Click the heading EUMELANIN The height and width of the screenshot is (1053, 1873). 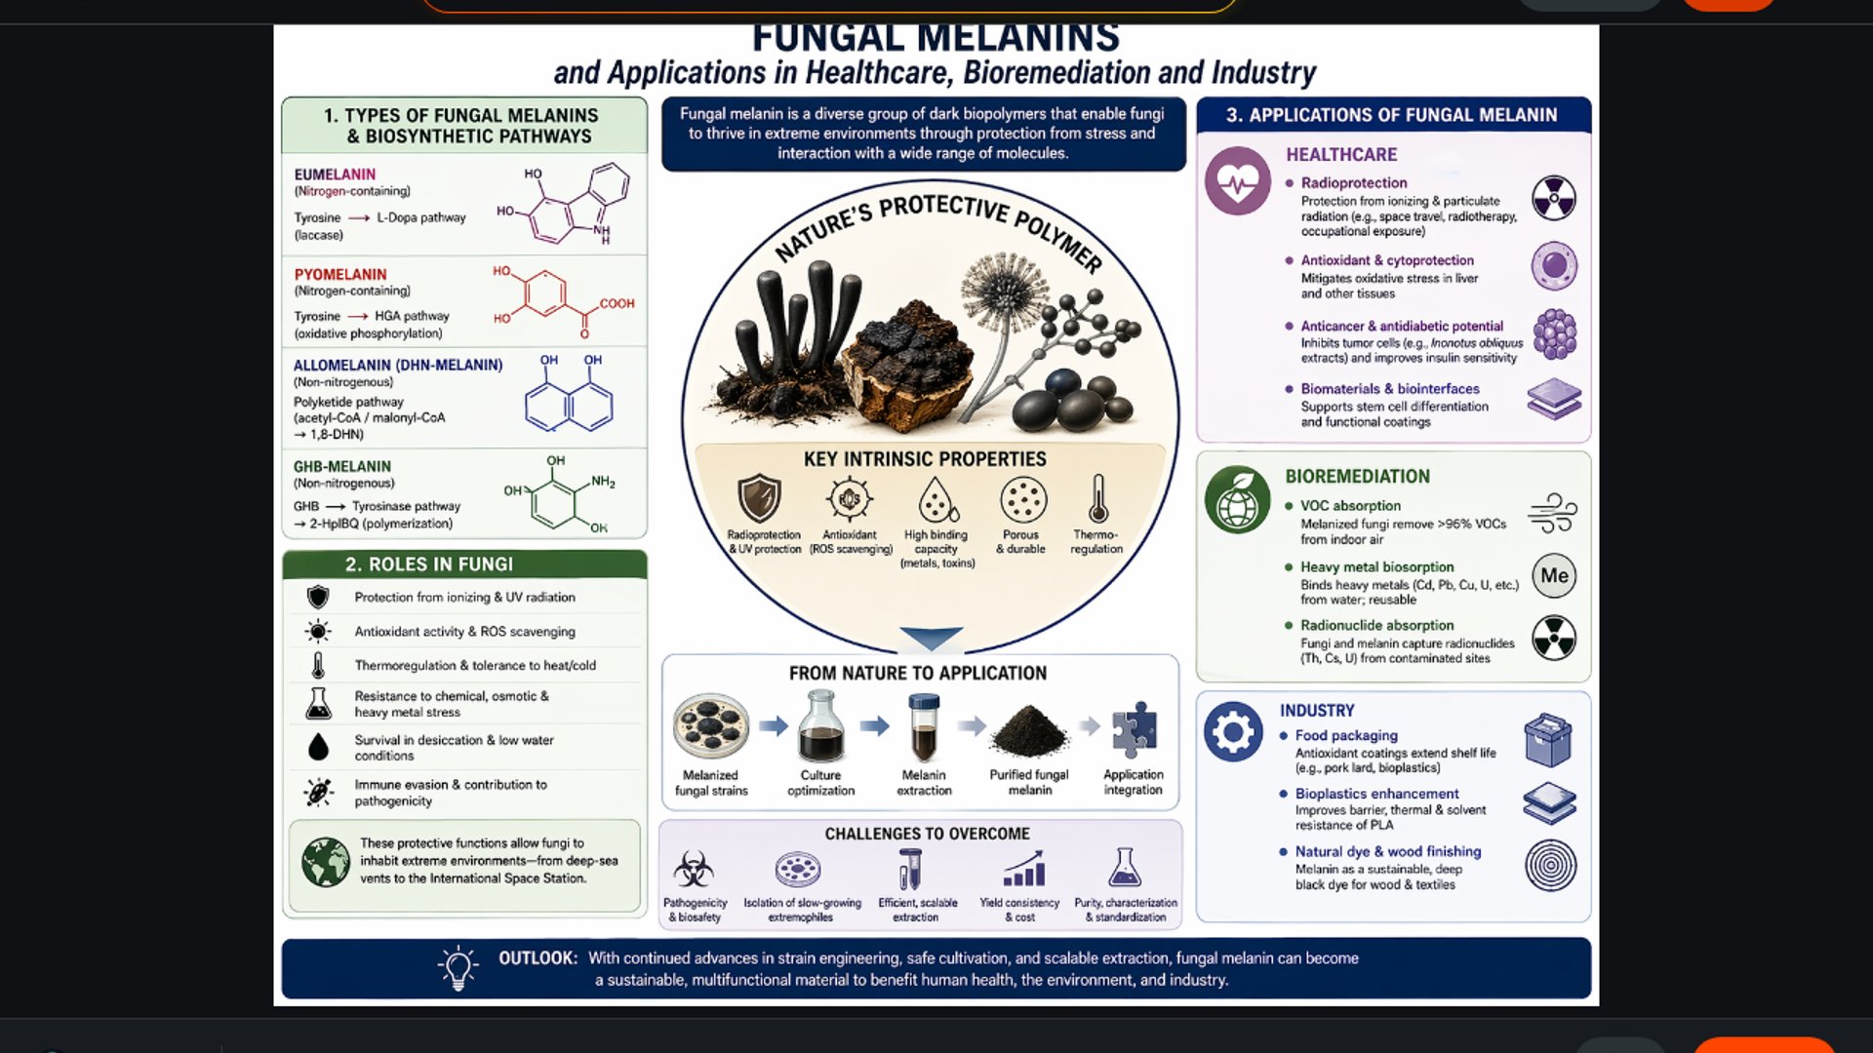[x=335, y=175]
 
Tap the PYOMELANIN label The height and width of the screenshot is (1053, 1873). [x=340, y=274]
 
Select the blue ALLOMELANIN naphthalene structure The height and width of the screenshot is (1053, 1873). [x=569, y=402]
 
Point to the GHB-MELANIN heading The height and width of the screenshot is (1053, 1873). [x=342, y=466]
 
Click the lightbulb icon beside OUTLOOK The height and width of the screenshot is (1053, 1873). [x=458, y=967]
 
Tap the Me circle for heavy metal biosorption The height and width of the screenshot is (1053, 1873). [x=1554, y=575]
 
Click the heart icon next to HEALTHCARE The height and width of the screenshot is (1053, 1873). [x=1237, y=180]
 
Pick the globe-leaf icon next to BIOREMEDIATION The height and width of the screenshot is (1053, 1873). [x=1237, y=499]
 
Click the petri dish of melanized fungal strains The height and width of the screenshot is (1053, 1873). [x=711, y=726]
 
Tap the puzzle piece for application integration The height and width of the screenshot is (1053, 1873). [x=1134, y=729]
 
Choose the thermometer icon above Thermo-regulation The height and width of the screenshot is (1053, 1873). [x=1097, y=499]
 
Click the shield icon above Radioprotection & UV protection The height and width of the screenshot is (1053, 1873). [x=759, y=498]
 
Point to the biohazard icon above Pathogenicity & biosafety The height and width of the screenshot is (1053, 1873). [x=694, y=868]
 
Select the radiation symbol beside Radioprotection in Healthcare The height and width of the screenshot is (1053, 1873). [x=1554, y=198]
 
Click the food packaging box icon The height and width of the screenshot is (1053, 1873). [x=1548, y=740]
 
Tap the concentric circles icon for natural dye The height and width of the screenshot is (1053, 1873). [x=1551, y=865]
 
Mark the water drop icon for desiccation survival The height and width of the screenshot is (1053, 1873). [x=318, y=747]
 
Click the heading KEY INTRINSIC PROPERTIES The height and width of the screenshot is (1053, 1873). [x=925, y=459]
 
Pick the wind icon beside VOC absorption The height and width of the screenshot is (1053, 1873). [x=1552, y=513]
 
